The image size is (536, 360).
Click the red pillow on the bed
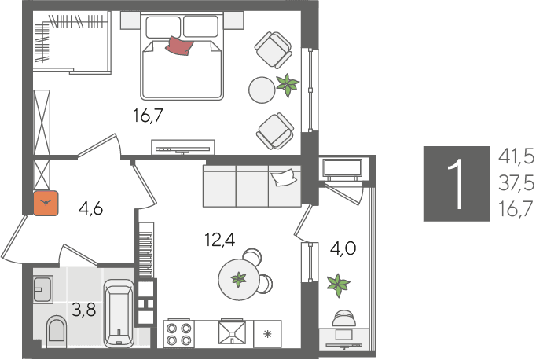179,46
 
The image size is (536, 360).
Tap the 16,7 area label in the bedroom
148,116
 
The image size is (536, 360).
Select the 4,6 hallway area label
90,208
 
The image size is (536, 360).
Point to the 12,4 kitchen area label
220,239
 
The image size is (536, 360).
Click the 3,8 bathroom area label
84,310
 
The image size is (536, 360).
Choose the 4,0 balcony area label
343,248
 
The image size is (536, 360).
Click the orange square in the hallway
46,203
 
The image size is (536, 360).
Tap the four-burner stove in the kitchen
178,334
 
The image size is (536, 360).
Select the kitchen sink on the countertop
233,331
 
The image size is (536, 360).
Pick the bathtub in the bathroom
119,314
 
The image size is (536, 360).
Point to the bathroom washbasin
43,289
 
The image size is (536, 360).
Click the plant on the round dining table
239,279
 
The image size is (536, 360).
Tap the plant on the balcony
338,285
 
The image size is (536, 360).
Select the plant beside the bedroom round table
288,85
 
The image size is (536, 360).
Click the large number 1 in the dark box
457,184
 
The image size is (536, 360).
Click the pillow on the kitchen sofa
283,178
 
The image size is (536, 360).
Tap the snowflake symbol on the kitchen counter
267,334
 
